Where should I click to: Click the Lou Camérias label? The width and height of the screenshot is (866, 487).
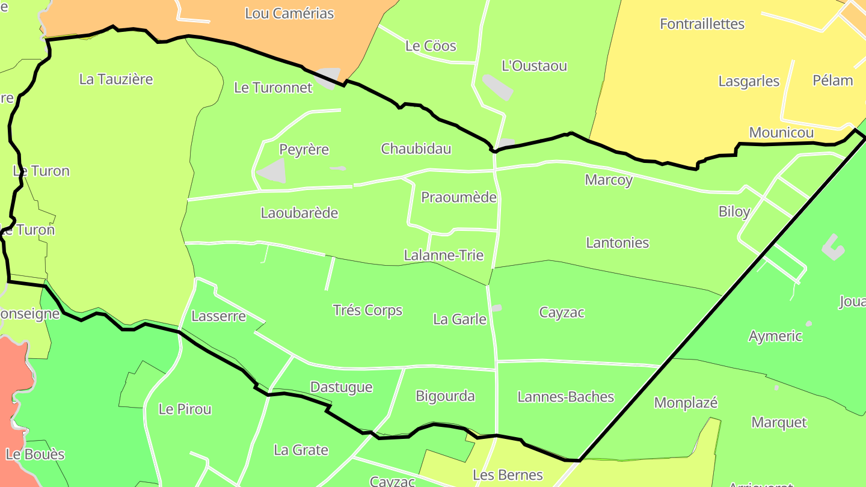[x=289, y=13]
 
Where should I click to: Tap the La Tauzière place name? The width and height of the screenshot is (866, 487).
[x=116, y=79]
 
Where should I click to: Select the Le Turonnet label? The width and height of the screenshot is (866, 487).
[x=273, y=88]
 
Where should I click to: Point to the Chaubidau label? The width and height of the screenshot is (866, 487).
[x=416, y=149]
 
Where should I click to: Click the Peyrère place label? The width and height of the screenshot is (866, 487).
[x=304, y=149]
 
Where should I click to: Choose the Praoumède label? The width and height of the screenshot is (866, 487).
[x=459, y=197]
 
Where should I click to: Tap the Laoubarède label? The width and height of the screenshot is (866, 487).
[x=299, y=213]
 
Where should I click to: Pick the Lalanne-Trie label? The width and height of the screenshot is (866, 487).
[x=444, y=255]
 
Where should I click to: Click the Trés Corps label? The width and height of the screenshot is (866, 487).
[x=367, y=310]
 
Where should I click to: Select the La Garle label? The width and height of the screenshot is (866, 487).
[x=459, y=319]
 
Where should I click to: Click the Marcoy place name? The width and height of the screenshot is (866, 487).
[x=609, y=180]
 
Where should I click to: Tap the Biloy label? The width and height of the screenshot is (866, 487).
[x=734, y=211]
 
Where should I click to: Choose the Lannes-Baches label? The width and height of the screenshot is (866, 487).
[x=566, y=397]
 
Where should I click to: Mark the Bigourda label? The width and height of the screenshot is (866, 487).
[x=446, y=396]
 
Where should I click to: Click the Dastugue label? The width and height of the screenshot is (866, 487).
[x=341, y=387]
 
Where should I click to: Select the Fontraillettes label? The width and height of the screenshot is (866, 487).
[x=702, y=24]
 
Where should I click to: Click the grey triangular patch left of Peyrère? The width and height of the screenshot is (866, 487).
[x=272, y=171]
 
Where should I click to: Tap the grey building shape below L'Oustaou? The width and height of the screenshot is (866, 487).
[x=497, y=87]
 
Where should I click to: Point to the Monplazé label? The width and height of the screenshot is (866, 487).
[x=686, y=403]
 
